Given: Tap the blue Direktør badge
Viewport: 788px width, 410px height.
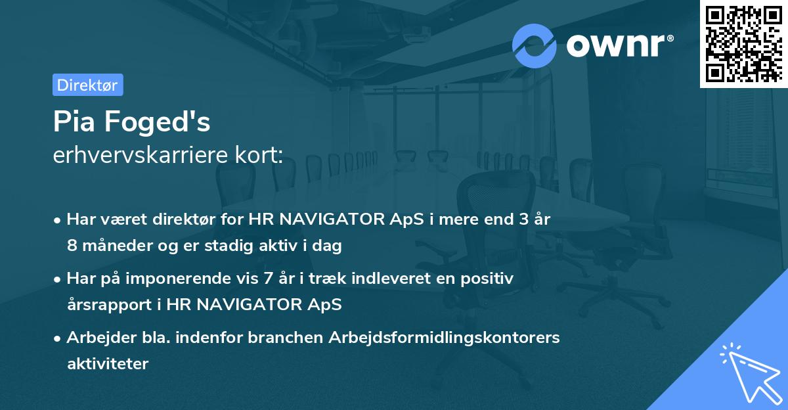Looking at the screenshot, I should point(87,85).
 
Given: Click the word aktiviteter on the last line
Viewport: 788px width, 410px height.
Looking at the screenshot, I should point(108,363).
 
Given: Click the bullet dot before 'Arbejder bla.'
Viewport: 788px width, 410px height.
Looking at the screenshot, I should point(58,338).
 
